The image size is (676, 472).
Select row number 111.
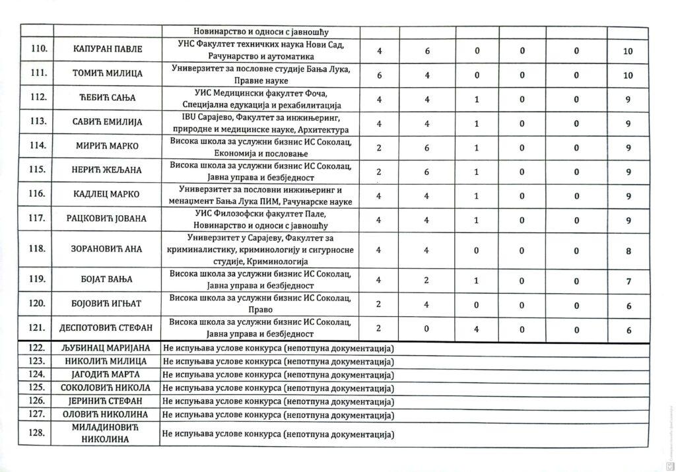[36, 74]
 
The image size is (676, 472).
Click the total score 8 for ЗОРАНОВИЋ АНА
[628, 250]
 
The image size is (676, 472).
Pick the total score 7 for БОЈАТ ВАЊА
[628, 281]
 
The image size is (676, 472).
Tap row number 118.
[36, 250]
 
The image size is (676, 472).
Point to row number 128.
[36, 433]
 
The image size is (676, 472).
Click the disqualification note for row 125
[277, 388]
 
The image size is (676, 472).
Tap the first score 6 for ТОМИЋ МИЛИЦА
[380, 75]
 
